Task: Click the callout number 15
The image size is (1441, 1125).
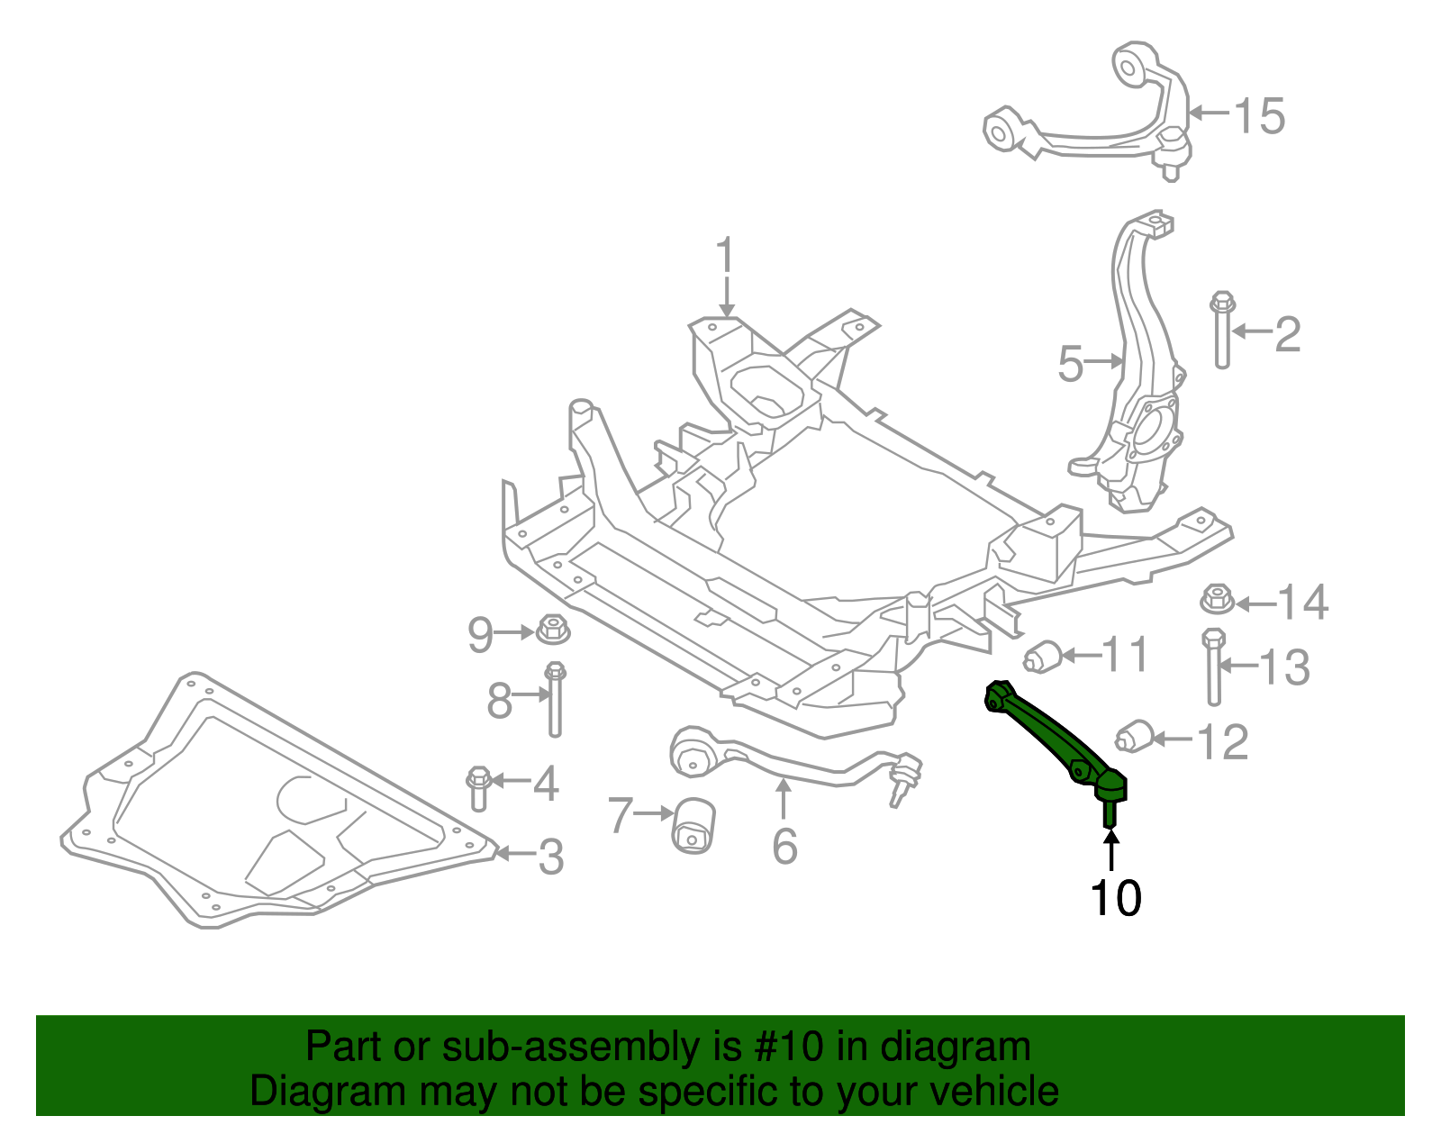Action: (x=1259, y=116)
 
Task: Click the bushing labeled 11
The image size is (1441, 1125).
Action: (x=1045, y=655)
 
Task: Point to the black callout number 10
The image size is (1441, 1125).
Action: (x=1115, y=898)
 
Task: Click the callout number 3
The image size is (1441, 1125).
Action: (x=551, y=857)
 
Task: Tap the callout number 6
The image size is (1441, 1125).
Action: (x=784, y=846)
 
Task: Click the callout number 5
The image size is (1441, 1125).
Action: (x=1070, y=364)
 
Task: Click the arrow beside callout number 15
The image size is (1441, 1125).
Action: (x=1209, y=113)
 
